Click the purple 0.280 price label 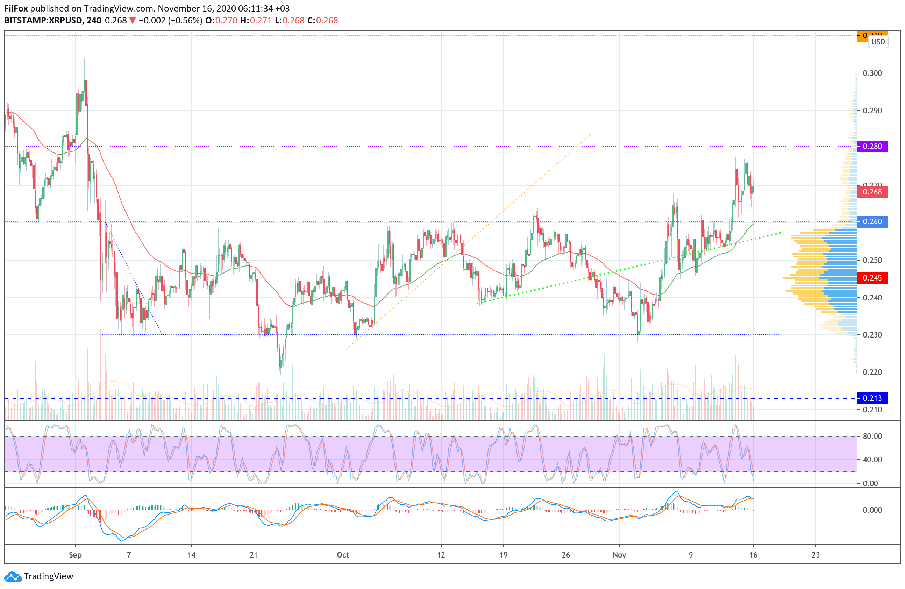872,147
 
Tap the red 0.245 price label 872,278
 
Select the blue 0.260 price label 872,222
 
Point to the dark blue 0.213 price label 872,398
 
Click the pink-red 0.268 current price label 872,192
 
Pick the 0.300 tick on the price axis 872,73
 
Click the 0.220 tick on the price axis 872,372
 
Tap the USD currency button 878,42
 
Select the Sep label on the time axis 75,555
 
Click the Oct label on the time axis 343,555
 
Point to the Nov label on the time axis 619,555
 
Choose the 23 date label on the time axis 815,555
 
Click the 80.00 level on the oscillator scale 872,436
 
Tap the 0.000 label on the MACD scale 872,510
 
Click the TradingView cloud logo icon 13,576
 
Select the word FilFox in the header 16,8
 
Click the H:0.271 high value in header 256,21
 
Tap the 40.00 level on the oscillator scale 872,460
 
